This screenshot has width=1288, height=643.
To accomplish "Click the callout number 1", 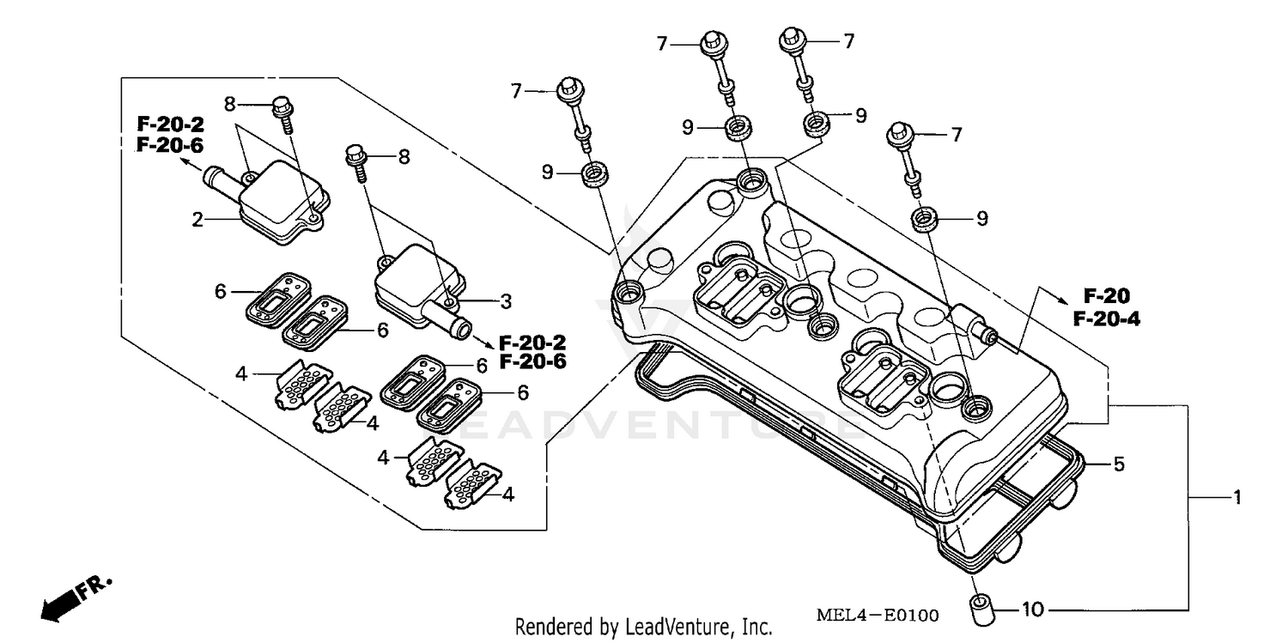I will click(x=1237, y=497).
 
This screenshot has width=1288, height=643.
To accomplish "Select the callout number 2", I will click(x=197, y=220).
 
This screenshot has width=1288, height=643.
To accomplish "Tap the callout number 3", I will click(x=506, y=301).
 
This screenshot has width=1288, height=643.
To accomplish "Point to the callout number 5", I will click(x=1119, y=464).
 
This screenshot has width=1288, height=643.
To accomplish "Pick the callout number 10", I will click(x=1034, y=610).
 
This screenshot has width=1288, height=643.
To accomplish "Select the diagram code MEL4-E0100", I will click(x=877, y=616).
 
